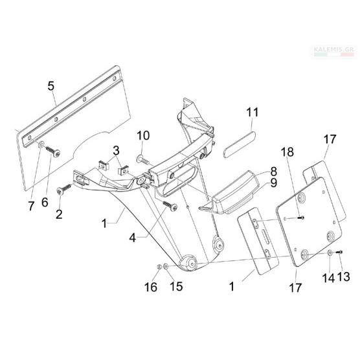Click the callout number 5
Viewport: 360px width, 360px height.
51,86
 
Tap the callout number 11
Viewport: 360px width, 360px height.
253,112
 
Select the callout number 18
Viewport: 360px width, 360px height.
287,152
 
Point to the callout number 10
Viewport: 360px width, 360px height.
143,135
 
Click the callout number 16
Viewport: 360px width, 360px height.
151,287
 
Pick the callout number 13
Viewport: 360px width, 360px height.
343,277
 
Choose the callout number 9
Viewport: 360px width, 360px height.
273,183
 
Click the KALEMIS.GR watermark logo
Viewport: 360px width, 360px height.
334,51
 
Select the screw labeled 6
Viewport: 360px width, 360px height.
53,152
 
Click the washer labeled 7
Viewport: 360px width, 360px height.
41,144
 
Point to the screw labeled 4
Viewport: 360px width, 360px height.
170,206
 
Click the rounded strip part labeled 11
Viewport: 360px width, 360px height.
240,144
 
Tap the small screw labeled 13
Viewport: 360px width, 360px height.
339,252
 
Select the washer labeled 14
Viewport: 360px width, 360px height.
330,253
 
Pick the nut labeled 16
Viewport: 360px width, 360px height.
159,267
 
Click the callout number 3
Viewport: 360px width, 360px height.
116,151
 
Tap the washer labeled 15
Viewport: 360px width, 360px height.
166,267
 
